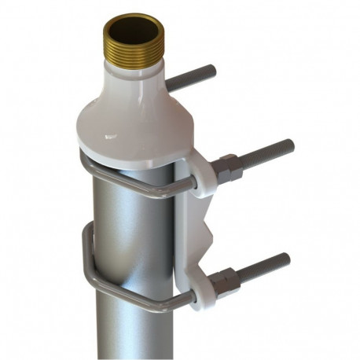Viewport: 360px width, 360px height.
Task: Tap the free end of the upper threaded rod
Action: tap(288, 146)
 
